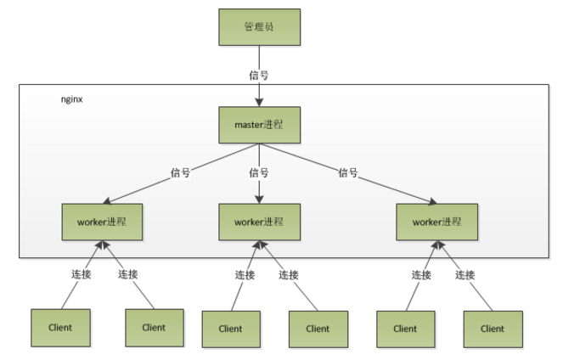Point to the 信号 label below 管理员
tap(259, 75)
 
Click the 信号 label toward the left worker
tap(178, 172)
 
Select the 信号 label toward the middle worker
tap(259, 172)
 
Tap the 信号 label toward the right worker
tap(348, 172)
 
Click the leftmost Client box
tap(60, 327)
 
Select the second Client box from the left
tap(154, 327)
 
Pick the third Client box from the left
tap(230, 329)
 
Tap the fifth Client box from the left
tap(405, 329)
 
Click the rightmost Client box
tap(492, 329)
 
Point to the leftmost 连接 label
tap(81, 274)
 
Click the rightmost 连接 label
tap(464, 274)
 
